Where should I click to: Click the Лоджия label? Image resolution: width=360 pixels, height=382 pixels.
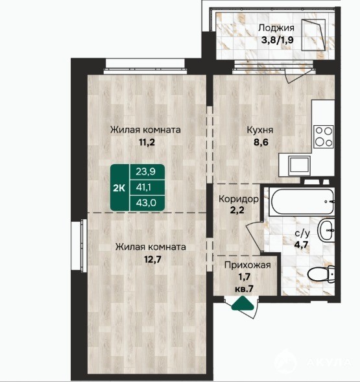(276, 28)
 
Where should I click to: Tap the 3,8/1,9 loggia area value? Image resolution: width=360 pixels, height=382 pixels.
(277, 40)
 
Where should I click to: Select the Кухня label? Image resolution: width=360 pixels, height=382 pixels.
(260, 130)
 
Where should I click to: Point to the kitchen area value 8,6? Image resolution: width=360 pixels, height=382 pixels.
(261, 142)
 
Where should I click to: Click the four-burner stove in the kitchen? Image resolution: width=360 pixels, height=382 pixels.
(324, 137)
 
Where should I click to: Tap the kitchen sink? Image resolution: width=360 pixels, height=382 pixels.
(299, 165)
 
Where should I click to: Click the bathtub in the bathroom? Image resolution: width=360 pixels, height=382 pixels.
(302, 202)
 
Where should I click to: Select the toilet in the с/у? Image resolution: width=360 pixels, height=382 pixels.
(321, 274)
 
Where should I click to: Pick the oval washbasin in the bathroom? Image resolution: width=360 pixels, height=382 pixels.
(326, 230)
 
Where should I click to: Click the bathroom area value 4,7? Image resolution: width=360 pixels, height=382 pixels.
(301, 244)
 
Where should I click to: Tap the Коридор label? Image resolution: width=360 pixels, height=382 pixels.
(239, 199)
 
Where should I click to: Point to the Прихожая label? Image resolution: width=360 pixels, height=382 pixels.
(247, 265)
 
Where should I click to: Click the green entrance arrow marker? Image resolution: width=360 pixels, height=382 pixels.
(243, 304)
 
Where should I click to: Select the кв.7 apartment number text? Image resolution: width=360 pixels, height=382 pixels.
(244, 289)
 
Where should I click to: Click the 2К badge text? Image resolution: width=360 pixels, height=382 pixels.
(119, 188)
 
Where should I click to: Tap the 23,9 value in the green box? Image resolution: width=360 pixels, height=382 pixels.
(146, 172)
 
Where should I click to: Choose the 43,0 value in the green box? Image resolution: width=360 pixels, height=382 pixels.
(146, 203)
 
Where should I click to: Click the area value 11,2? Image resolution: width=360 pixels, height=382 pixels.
(147, 142)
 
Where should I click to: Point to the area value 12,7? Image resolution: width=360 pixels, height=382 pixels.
(152, 259)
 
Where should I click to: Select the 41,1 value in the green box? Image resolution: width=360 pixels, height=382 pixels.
(143, 187)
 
